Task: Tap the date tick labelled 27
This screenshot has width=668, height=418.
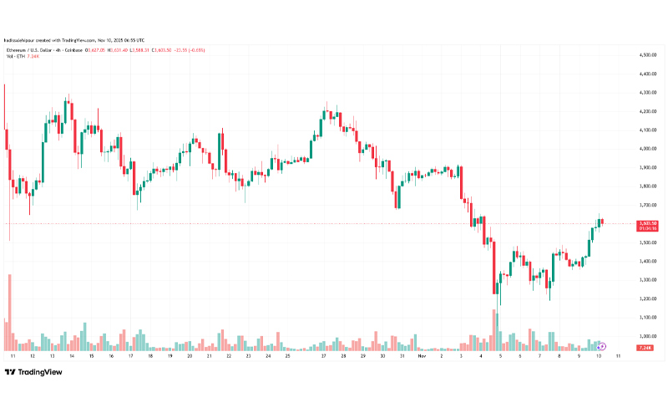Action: [322, 355]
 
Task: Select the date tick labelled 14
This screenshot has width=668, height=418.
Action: [71, 355]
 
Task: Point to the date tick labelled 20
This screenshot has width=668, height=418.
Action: [190, 355]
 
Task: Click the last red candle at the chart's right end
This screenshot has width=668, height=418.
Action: [603, 222]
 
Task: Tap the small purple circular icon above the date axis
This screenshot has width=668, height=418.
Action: [603, 345]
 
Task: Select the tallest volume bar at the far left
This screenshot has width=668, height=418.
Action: [9, 311]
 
